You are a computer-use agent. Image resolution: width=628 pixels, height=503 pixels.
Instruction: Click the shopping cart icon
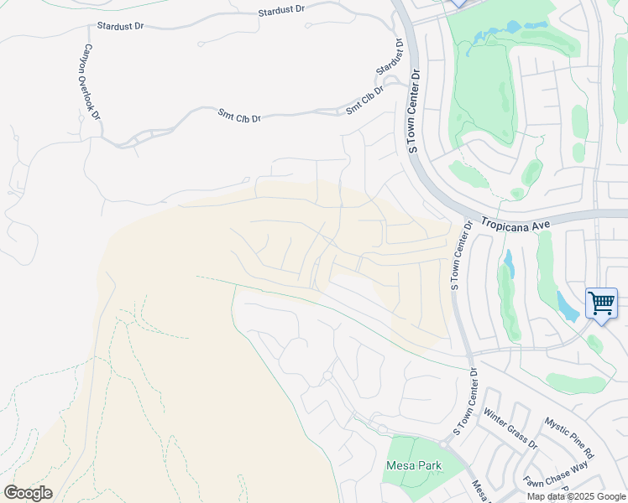(601, 303)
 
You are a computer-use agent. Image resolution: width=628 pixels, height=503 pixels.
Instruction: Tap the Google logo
(28, 493)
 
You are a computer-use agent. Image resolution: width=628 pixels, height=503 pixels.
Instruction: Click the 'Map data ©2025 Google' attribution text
(576, 496)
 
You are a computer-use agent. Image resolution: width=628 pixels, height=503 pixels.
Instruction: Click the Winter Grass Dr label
(510, 431)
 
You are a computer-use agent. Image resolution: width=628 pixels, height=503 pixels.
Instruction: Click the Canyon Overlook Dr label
(90, 81)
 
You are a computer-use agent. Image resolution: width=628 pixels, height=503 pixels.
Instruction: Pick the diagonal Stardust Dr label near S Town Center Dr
(390, 55)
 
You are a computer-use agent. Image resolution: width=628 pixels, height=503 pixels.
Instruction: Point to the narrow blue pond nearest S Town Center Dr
(509, 263)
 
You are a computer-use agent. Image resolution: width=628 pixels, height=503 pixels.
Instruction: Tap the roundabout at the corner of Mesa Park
(381, 429)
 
